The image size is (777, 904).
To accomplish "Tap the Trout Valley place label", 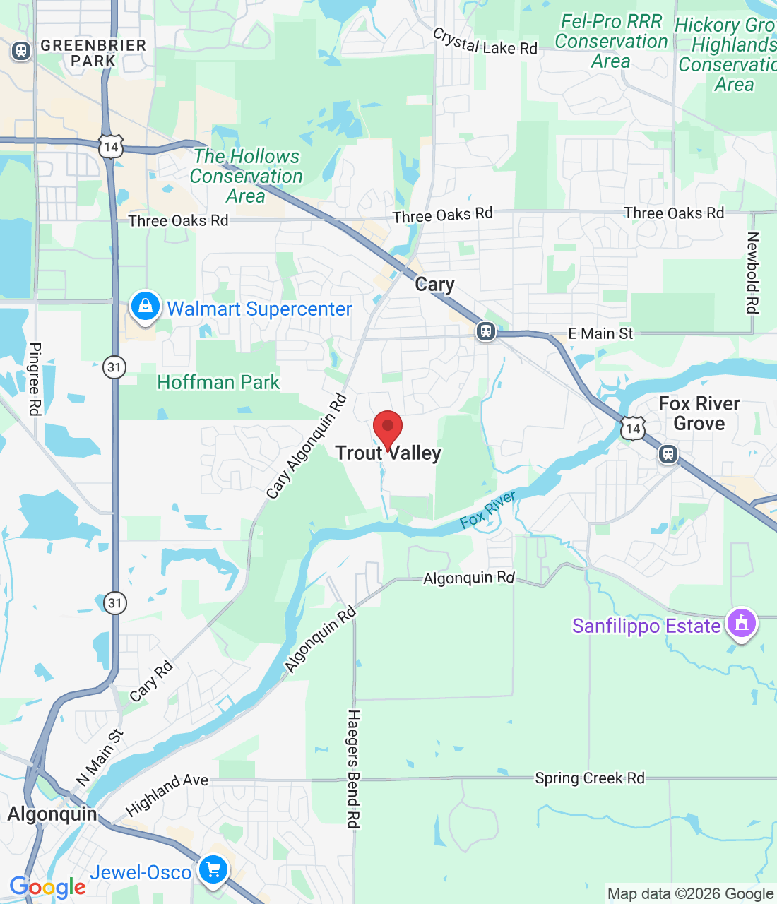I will [388, 453].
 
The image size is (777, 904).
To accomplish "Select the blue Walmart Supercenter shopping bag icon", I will [145, 307].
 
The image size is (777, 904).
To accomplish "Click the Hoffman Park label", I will [218, 383].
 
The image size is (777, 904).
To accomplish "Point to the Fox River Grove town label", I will [699, 414].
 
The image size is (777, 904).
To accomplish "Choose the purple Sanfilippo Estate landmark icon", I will [741, 624].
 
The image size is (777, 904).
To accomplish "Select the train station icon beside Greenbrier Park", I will [21, 51].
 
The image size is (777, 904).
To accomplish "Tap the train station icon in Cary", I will [486, 331].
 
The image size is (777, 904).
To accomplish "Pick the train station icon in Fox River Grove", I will [668, 454].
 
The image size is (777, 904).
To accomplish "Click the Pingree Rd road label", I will [35, 379].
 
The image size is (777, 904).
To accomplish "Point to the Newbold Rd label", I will [753, 273].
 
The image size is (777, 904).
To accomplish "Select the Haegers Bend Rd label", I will [354, 768].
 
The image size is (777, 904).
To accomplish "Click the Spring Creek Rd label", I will [589, 778].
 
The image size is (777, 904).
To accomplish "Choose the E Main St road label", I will [600, 333].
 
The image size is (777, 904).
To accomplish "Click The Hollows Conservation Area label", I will [247, 176].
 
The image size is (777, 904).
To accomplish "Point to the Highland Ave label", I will [167, 794].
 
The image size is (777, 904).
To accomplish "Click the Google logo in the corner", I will [47, 887].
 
